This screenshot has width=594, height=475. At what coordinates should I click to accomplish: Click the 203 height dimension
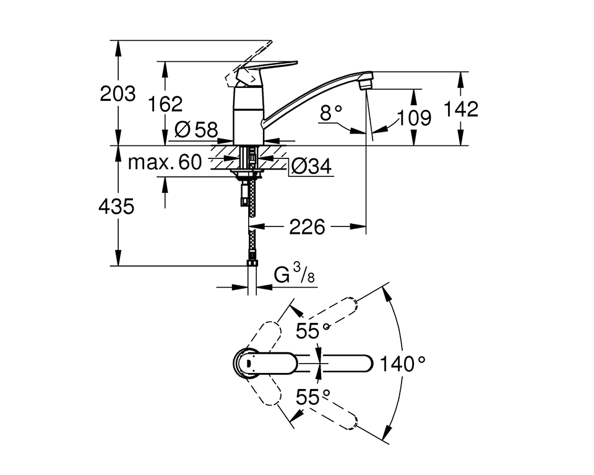118,94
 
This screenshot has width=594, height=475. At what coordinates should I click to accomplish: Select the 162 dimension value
165,103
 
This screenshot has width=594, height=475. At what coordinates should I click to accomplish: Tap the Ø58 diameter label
196,130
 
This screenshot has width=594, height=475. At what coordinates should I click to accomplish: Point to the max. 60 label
165,163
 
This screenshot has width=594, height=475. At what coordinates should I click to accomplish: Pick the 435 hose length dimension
116,207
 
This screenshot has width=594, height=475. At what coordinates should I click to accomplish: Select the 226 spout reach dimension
308,227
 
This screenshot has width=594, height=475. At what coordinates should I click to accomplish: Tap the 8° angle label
331,113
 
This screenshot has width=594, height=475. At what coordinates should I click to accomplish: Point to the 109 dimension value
414,118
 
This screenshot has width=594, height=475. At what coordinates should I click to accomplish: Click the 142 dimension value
461,109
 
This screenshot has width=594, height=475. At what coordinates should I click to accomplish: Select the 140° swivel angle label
403,364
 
